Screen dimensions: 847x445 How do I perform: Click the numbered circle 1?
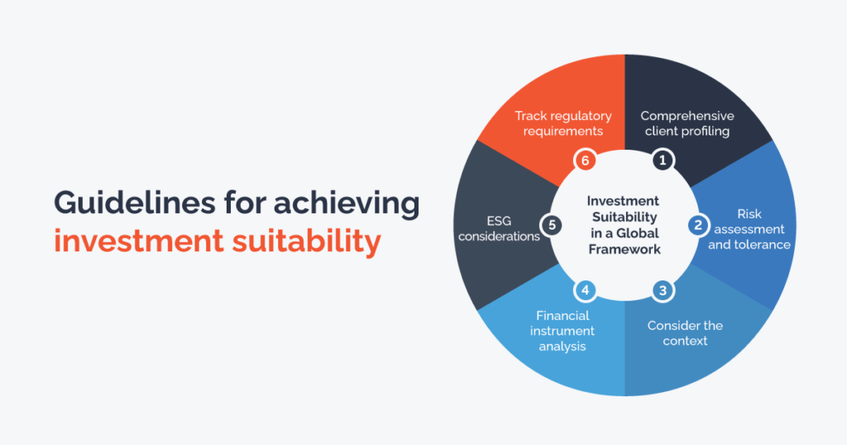click(x=663, y=160)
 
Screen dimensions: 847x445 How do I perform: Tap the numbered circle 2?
click(x=698, y=225)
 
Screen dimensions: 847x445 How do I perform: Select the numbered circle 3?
click(x=663, y=290)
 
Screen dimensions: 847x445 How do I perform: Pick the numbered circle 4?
click(x=585, y=290)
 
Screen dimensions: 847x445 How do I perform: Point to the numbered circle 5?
click(x=552, y=225)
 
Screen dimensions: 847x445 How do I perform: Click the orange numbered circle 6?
click(x=585, y=160)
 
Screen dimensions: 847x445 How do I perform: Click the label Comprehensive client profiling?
click(x=687, y=124)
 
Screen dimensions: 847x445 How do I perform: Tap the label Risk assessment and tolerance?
click(x=749, y=229)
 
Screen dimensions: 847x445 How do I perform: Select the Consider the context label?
click(x=685, y=333)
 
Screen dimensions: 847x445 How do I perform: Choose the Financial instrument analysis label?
click(x=562, y=331)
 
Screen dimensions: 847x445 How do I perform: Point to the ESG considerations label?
click(x=499, y=228)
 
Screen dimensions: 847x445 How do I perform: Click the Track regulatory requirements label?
click(x=562, y=124)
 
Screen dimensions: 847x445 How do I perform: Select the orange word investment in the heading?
click(x=139, y=241)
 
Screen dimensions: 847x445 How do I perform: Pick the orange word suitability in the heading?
click(x=307, y=242)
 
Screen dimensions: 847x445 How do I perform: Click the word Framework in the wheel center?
click(x=624, y=249)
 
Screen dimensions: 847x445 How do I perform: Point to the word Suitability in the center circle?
click(x=624, y=217)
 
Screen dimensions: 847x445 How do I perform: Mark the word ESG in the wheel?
click(x=499, y=221)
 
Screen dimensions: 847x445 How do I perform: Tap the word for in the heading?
click(x=245, y=203)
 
